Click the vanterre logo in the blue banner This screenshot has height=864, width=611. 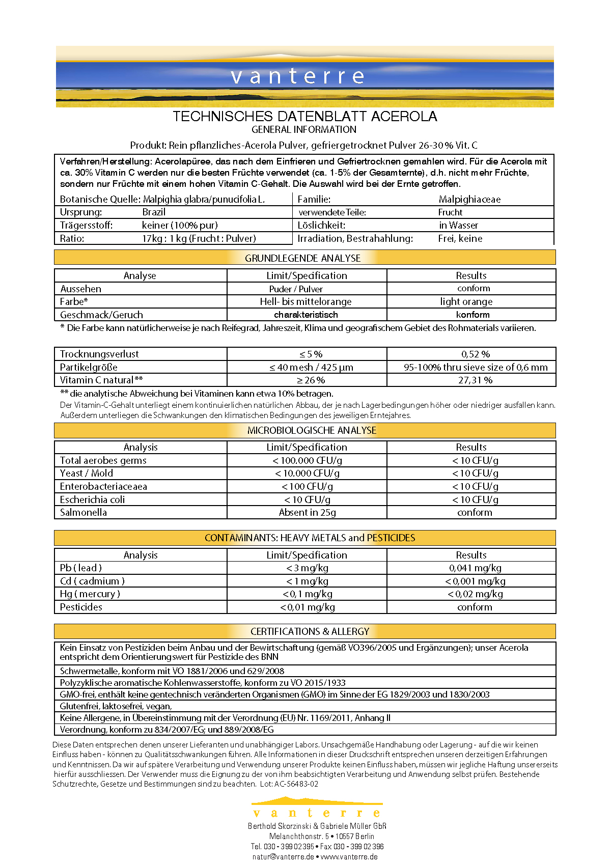[298, 76]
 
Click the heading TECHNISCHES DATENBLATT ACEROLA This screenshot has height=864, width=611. [304, 117]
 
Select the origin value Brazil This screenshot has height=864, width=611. [154, 212]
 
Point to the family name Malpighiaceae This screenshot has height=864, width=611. [469, 200]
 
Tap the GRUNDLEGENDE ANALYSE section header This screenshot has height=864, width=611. [302, 258]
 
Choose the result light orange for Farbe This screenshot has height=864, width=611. [466, 301]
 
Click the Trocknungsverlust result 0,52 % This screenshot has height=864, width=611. [476, 354]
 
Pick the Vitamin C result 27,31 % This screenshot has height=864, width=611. [476, 380]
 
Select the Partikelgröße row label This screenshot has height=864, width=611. [89, 367]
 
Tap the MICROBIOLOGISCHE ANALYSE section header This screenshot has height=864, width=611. [312, 430]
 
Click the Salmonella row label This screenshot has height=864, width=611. [84, 512]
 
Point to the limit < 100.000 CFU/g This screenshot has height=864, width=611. [307, 460]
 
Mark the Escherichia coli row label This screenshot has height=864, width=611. [92, 499]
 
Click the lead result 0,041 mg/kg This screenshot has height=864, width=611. [475, 568]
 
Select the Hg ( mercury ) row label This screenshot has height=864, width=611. [90, 594]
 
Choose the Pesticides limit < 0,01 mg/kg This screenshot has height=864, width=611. [308, 607]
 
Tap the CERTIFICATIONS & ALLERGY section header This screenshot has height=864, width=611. [310, 631]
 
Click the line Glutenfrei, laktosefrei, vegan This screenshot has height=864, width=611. [116, 706]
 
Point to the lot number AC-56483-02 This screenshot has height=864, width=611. [296, 784]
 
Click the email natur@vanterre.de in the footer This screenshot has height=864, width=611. [283, 856]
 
